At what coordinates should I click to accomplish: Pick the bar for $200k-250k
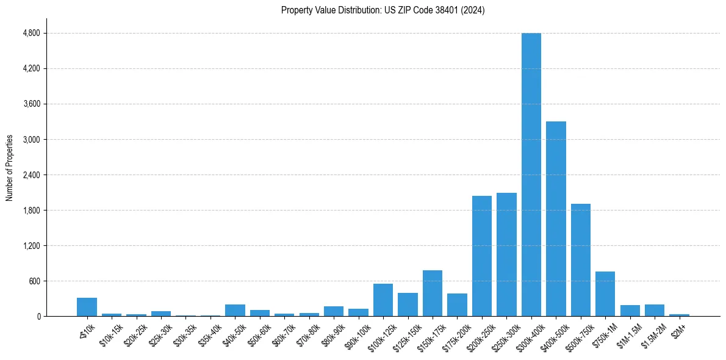pos(481,256)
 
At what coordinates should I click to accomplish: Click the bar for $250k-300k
pos(506,254)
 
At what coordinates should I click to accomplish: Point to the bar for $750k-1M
pos(605,294)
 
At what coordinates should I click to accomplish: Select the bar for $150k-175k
pos(432,293)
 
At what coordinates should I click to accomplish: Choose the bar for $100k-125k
pos(383,300)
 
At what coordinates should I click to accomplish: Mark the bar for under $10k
pos(87,307)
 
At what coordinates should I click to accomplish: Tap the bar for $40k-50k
pos(235,310)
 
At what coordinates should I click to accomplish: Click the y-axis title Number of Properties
pos(9,168)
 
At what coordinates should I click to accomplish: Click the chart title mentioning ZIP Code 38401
pos(383,10)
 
